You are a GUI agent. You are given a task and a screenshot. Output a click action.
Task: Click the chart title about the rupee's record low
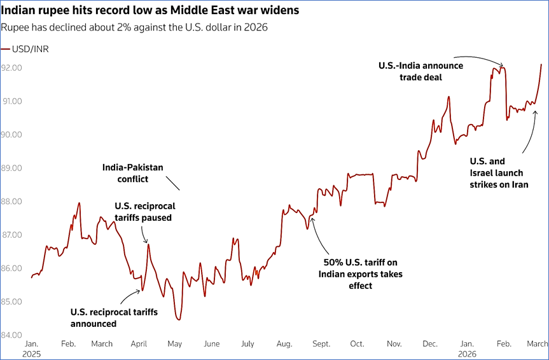click(x=150, y=11)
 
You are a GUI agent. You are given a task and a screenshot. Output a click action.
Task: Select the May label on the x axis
click(x=174, y=344)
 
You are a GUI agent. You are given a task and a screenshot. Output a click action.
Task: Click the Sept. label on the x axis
click(x=321, y=344)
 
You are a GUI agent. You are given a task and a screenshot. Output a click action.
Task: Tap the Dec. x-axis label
click(x=430, y=344)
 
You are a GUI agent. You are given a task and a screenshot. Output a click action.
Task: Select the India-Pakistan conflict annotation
click(x=133, y=173)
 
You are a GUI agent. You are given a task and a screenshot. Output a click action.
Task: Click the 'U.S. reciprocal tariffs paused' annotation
click(x=145, y=212)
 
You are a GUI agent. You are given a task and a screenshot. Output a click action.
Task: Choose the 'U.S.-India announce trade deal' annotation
click(x=420, y=71)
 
